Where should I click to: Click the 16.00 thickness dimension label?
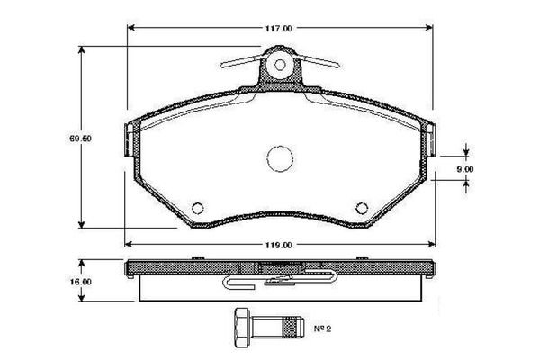coord(82,282)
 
